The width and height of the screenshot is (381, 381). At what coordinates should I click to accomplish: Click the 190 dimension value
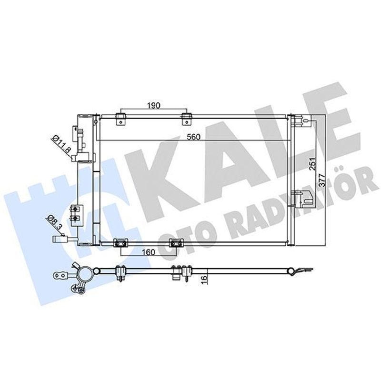pos(154,106)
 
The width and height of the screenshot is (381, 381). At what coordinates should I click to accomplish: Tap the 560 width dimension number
pos(193,137)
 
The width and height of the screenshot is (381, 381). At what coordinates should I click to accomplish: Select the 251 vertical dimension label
pos(313,163)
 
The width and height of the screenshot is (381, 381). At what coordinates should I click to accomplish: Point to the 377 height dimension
pos(322,180)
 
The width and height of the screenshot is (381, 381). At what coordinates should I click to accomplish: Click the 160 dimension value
pos(148,252)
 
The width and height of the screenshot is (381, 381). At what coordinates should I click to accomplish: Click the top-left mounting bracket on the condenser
pos(121,120)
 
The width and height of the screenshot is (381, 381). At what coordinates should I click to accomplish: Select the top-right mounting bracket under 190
pos(186,120)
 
